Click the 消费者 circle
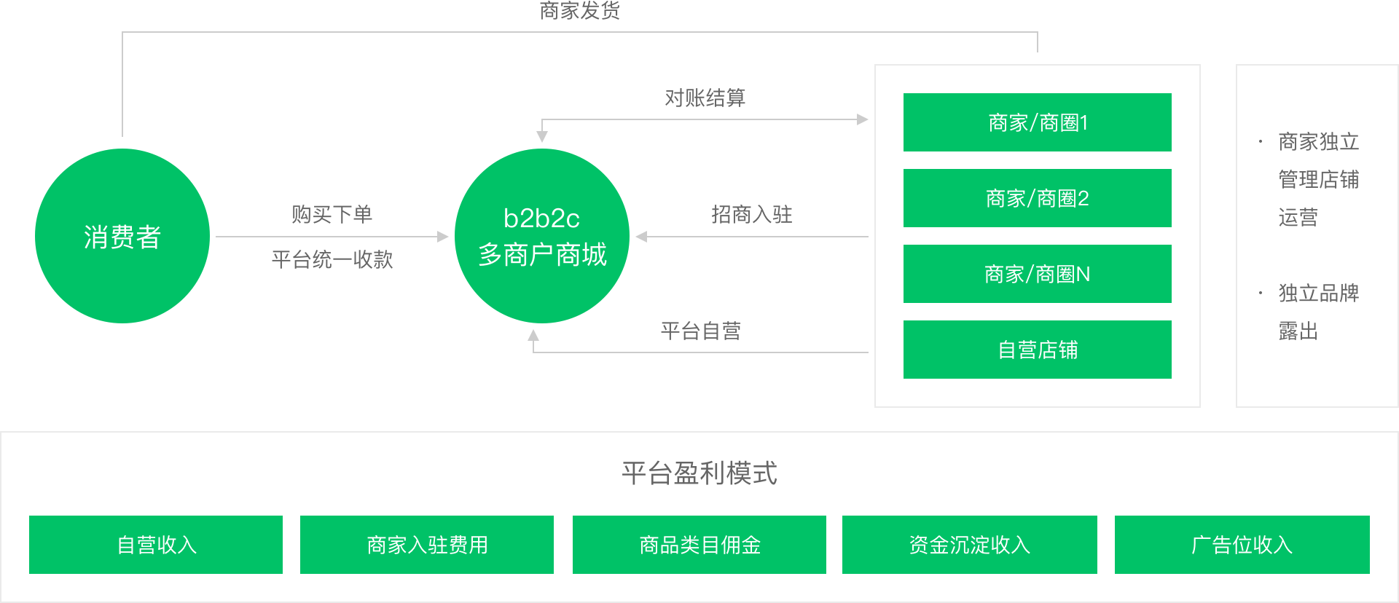click(122, 236)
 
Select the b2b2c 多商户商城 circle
click(542, 236)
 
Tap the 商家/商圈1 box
click(1037, 122)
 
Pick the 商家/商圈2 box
click(1037, 198)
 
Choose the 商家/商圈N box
click(1037, 274)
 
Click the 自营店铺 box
click(1037, 350)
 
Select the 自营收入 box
click(156, 545)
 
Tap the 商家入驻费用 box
click(427, 545)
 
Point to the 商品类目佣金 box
click(699, 545)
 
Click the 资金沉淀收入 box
click(970, 545)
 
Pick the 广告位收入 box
click(1242, 545)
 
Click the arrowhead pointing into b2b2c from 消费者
click(443, 237)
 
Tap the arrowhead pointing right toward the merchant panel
click(863, 119)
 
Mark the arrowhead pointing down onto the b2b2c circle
click(542, 137)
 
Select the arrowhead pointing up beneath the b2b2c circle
click(533, 335)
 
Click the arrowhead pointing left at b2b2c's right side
click(641, 237)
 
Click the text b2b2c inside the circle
click(541, 218)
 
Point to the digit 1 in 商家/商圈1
click(1084, 122)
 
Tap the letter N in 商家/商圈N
click(1083, 274)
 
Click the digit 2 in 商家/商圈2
click(1083, 198)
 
